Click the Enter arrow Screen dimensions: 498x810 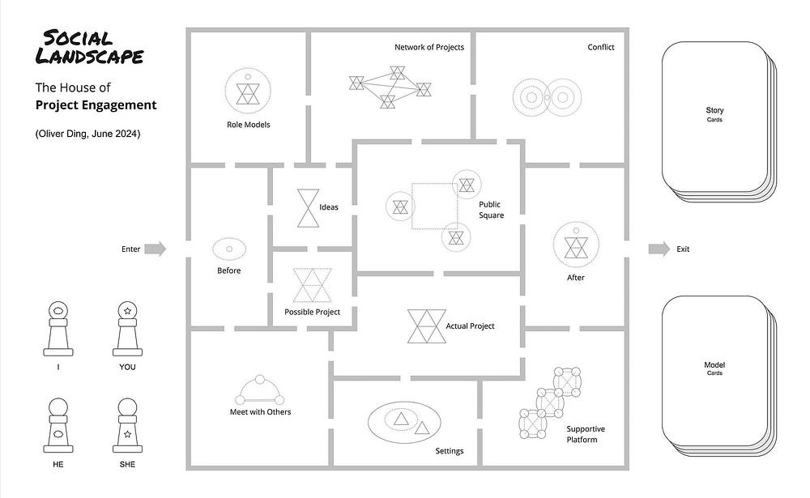pos(156,249)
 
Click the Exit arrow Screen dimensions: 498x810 pos(659,249)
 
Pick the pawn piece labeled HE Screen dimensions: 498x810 pos(58,426)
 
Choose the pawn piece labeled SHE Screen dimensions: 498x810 pos(127,426)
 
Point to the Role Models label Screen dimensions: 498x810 pos(249,125)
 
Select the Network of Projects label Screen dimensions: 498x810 pos(429,47)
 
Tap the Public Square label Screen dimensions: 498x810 pos(491,210)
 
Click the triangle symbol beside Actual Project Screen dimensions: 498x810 pos(424,326)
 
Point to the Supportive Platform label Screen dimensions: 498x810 pos(586,433)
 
